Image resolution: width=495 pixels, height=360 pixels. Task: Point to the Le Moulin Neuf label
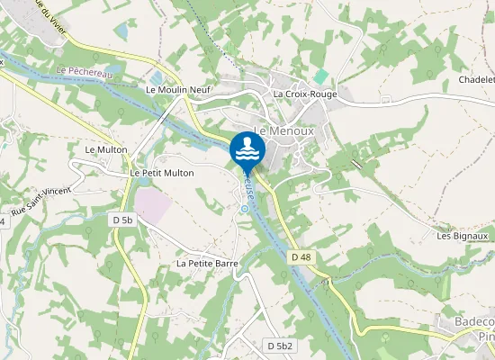pos(177,90)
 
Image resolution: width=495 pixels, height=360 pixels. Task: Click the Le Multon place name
pos(105,148)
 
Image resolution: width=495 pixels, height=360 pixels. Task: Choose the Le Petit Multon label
pos(162,172)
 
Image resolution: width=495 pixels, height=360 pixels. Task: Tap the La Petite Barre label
pos(206,264)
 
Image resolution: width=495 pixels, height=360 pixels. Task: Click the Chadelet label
pos(476,79)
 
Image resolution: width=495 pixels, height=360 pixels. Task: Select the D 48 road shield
pos(301,257)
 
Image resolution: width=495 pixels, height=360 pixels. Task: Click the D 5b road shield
pos(123,220)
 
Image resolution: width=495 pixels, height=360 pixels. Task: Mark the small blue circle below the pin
pos(243,209)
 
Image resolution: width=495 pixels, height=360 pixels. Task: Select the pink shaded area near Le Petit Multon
pos(152,205)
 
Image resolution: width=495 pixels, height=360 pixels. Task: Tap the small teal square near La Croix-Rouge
pos(321,76)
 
